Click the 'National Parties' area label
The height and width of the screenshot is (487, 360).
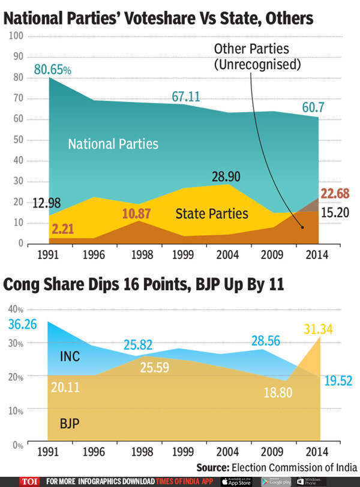(113, 144)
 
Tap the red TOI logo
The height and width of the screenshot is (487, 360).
(28, 480)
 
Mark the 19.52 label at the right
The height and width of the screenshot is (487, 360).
(338, 380)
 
